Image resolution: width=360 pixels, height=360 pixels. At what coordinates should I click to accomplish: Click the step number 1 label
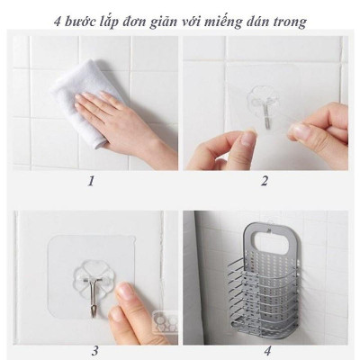pos(90,181)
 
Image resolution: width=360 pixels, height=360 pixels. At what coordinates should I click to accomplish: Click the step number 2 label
pos(265,181)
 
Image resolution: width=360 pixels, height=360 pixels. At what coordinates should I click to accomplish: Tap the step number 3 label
pos(94,350)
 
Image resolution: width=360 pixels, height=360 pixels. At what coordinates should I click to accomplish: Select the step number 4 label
pos(266,350)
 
